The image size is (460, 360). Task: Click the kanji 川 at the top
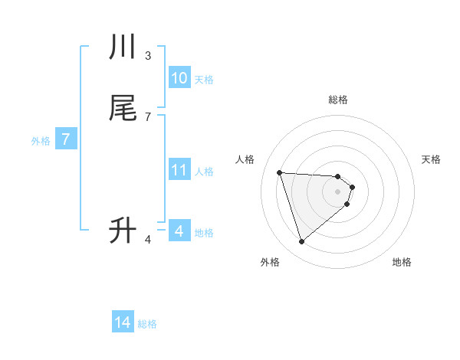(x=123, y=47)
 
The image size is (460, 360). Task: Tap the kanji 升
(x=123, y=230)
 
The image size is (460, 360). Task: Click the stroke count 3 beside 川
(x=148, y=56)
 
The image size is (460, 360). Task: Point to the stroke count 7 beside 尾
(x=148, y=116)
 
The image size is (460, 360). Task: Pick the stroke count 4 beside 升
(x=148, y=240)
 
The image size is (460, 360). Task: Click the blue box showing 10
(x=179, y=78)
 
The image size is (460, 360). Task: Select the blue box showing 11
(x=179, y=170)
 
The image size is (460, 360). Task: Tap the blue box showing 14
(x=123, y=323)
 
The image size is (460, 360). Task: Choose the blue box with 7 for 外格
(x=66, y=139)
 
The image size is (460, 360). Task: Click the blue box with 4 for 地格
(x=179, y=231)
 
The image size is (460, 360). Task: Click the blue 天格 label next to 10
(x=204, y=80)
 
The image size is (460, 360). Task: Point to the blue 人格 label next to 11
(x=204, y=172)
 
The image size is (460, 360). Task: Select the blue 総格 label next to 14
(x=147, y=324)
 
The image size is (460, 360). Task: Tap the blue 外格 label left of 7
(x=41, y=141)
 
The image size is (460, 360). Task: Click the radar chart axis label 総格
(x=338, y=100)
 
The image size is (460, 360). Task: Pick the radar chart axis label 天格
(x=431, y=159)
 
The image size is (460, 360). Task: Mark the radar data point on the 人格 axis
(x=280, y=172)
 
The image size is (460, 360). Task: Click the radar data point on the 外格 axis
(x=301, y=242)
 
